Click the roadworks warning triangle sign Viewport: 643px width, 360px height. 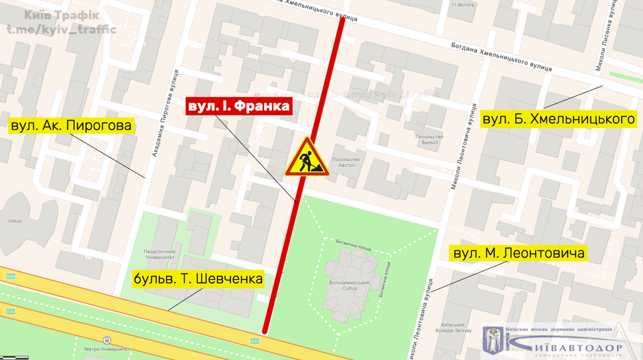click(307, 157)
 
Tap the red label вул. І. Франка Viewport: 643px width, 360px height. click(239, 106)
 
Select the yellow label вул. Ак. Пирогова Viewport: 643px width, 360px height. click(70, 126)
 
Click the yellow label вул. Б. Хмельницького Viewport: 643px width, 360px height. click(559, 119)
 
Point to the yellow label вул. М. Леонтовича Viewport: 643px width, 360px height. click(519, 253)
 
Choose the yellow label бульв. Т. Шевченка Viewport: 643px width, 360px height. click(198, 279)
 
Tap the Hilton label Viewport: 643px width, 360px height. click(15, 221)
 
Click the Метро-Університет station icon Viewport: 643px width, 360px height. click(107, 340)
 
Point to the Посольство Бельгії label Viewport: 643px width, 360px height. click(430, 139)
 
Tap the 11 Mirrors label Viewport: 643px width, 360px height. click(462, 5)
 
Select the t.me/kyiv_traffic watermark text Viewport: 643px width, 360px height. click(61, 29)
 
